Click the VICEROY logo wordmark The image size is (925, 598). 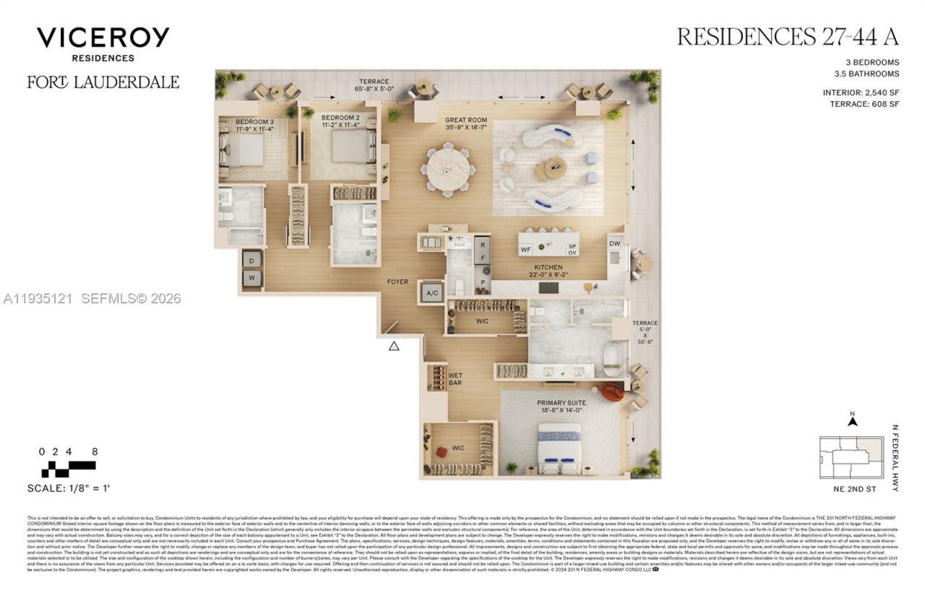(103, 37)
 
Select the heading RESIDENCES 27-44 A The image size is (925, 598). (788, 37)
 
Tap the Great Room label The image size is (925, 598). (466, 124)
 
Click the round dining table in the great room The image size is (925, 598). (449, 170)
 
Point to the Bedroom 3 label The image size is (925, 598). (254, 126)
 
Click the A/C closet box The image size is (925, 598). (431, 293)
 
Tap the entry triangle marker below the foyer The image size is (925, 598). (394, 346)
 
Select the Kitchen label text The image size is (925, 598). (548, 271)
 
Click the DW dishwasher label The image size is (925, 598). (614, 244)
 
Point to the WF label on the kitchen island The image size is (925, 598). (526, 249)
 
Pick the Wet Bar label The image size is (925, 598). (455, 380)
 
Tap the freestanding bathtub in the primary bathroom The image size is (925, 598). (612, 360)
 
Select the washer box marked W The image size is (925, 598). (251, 277)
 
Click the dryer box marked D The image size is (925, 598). (251, 259)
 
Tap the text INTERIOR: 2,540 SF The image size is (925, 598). (861, 92)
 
